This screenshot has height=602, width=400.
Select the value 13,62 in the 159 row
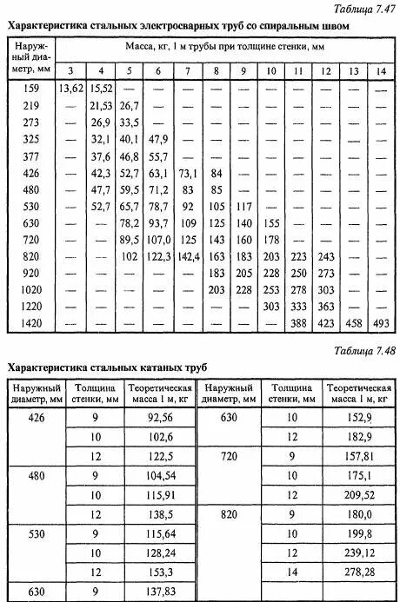[70, 88]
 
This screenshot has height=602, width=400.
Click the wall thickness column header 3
[70, 69]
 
